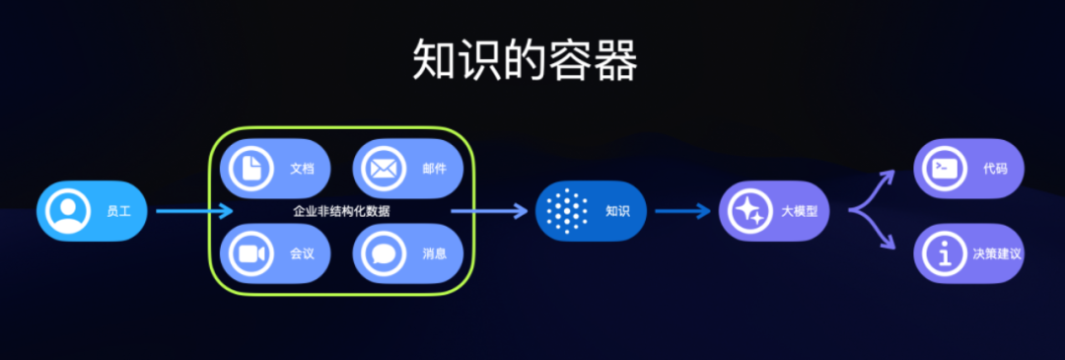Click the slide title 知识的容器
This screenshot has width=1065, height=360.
coord(525,62)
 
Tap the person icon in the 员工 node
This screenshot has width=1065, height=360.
coord(68,211)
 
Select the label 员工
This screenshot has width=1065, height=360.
coord(118,211)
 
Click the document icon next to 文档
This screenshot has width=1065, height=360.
coord(250,169)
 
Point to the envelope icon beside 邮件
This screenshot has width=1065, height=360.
coord(382,169)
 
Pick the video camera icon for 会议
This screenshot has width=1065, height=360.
coord(250,253)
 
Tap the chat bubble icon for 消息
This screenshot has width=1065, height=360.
coord(382,253)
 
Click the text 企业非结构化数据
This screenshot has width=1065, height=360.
coord(341,211)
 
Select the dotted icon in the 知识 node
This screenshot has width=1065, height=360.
coord(566,211)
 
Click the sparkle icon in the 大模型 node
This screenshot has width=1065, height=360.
coord(748,211)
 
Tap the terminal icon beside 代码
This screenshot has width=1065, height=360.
coord(945,169)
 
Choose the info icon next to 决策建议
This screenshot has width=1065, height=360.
coord(945,253)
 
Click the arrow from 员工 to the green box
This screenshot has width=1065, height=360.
coord(193,211)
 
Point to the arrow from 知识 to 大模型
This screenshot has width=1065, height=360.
coord(682,211)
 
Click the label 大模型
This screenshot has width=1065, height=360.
coord(800,211)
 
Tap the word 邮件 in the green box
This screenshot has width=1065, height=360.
coord(434,169)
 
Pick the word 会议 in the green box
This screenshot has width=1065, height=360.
coord(302,253)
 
